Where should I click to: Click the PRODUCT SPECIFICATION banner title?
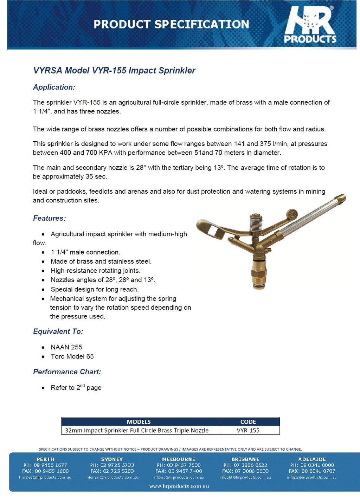[x=171, y=24]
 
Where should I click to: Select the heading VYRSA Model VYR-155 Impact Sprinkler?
[x=114, y=70]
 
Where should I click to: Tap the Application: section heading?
[x=54, y=87]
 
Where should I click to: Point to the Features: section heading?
[x=49, y=218]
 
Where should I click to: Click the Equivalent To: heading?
[x=58, y=331]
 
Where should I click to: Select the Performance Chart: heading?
[x=67, y=372]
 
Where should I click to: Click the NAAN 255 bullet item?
[x=66, y=347]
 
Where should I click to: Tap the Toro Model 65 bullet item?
[x=72, y=356]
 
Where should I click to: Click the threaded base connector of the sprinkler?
[x=259, y=276]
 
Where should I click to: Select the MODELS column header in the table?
[x=139, y=422]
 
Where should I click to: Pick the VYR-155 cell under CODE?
[x=248, y=431]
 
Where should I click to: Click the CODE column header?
[x=248, y=422]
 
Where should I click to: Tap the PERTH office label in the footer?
[x=45, y=459]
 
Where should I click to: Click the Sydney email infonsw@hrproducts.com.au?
[x=112, y=477]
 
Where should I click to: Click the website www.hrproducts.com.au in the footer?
[x=179, y=486]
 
